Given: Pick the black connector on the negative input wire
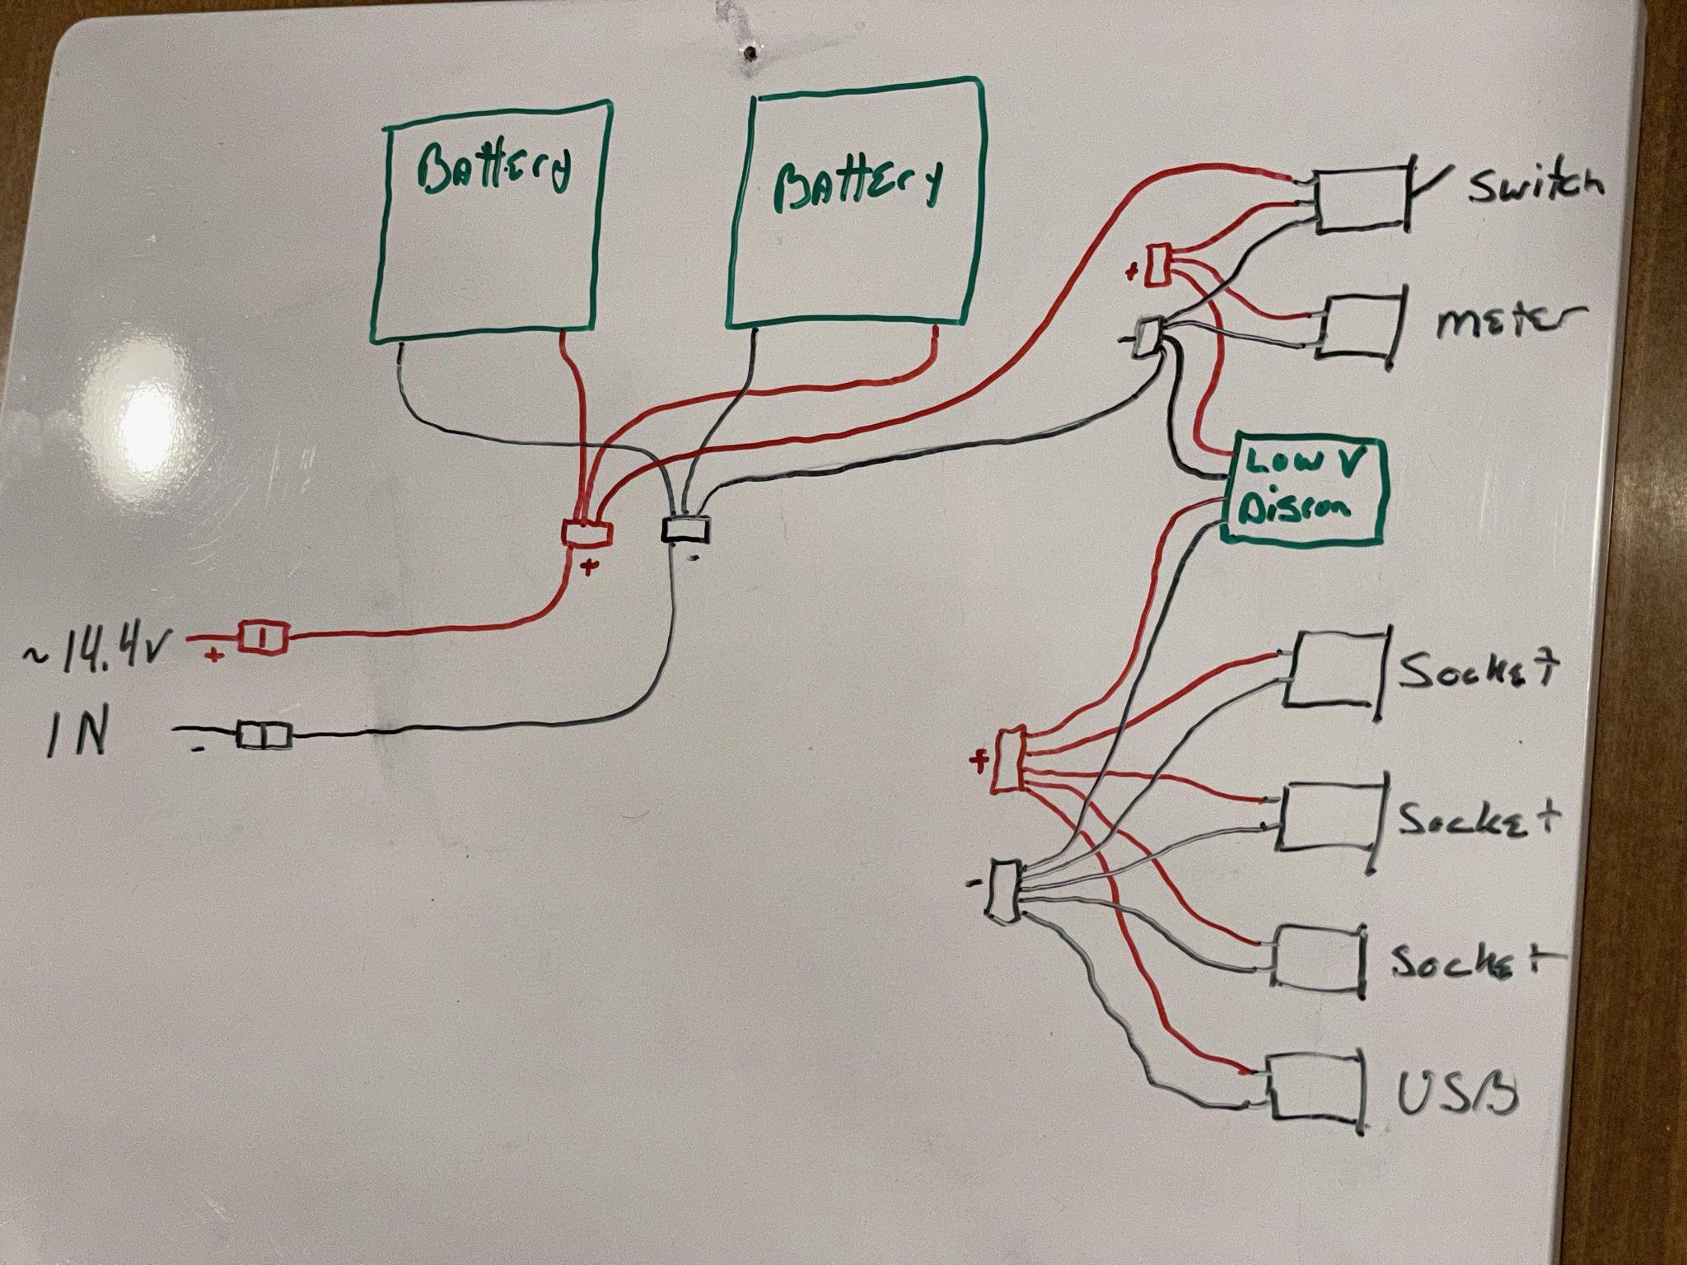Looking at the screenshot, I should [x=264, y=735].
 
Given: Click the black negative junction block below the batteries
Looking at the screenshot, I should [x=686, y=529].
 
